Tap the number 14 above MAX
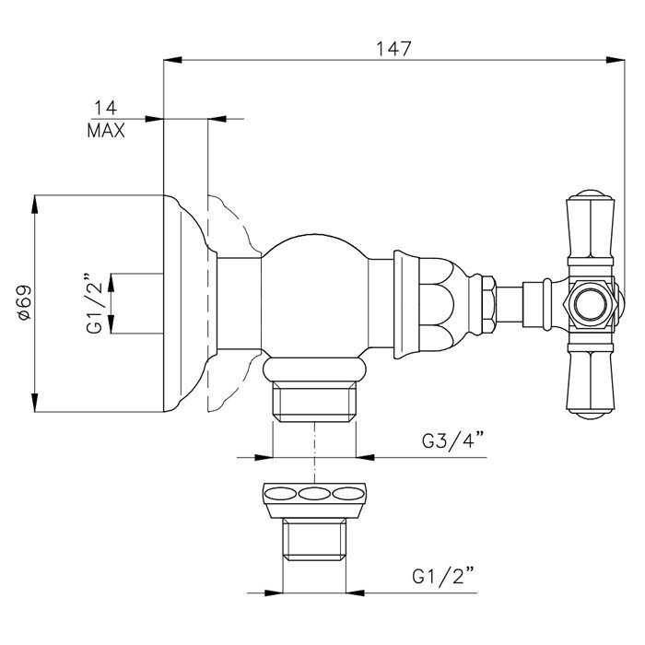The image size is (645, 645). (x=103, y=108)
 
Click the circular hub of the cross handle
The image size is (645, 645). (x=588, y=303)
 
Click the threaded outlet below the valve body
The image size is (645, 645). (x=316, y=398)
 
